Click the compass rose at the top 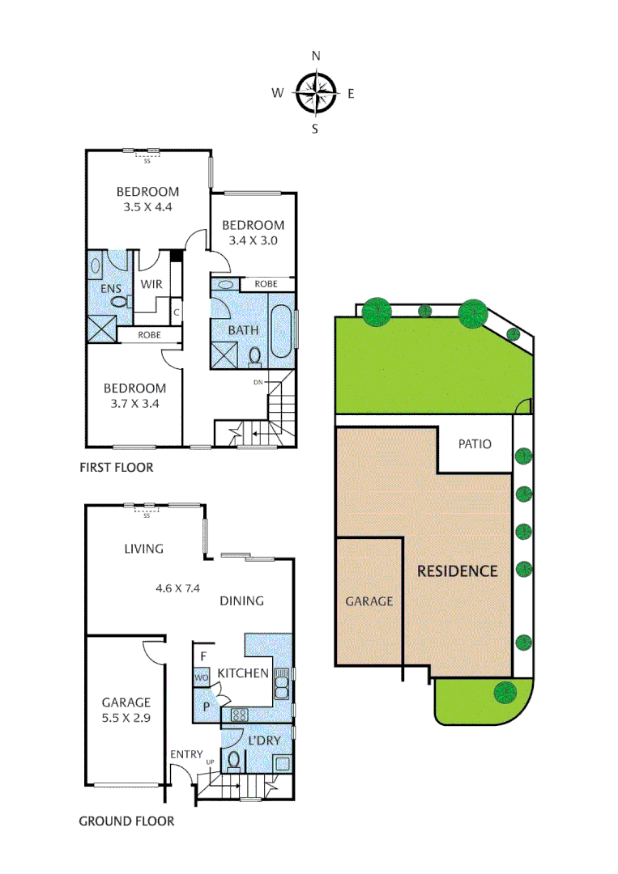(x=315, y=93)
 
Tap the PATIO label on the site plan (x=474, y=444)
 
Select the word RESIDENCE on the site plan (x=457, y=571)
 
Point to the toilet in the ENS (x=119, y=302)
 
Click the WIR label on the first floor (x=151, y=284)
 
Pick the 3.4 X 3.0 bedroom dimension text (x=253, y=240)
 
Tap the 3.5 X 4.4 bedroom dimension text (x=147, y=206)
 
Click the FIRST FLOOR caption (x=116, y=468)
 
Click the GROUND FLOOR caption (x=126, y=821)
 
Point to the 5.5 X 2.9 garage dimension (x=126, y=718)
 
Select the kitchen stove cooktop (x=241, y=715)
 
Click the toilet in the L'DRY (x=233, y=761)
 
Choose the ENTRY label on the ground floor (x=186, y=754)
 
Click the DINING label (x=241, y=600)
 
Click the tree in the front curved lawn (x=505, y=692)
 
